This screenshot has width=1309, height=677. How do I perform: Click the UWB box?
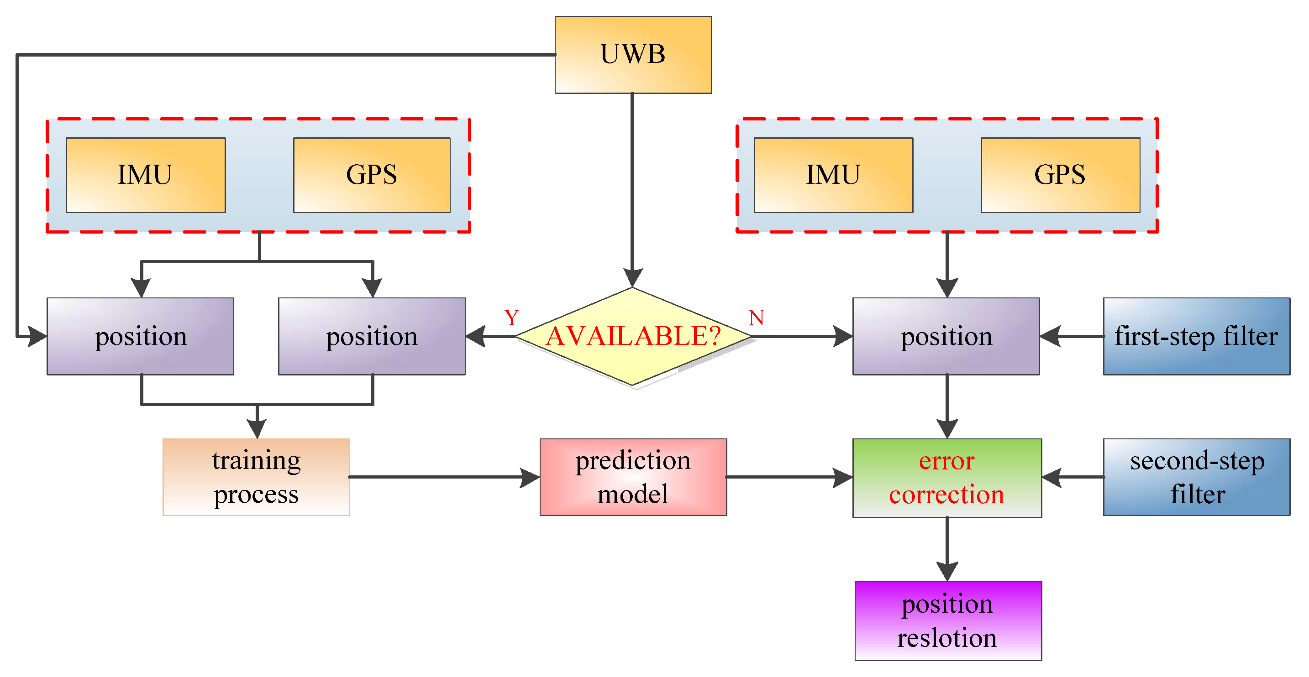pyautogui.click(x=633, y=54)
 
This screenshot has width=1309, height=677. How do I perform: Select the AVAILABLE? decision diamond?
pyautogui.click(x=633, y=336)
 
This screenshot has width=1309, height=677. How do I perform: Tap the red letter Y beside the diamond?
pyautogui.click(x=511, y=318)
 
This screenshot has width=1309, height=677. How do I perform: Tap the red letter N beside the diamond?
pyautogui.click(x=756, y=318)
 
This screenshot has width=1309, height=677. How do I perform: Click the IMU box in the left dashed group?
pyautogui.click(x=145, y=175)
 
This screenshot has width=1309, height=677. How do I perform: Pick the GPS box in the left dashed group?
pyautogui.click(x=372, y=175)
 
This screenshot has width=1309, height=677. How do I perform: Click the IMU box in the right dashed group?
pyautogui.click(x=833, y=175)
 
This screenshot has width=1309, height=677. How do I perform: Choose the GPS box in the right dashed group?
pyautogui.click(x=1060, y=175)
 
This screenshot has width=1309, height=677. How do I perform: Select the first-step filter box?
pyautogui.click(x=1196, y=336)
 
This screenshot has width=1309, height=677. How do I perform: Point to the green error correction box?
pyautogui.click(x=946, y=477)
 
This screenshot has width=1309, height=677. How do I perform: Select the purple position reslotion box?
pyautogui.click(x=948, y=620)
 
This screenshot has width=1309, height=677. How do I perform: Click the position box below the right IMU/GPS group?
pyautogui.click(x=946, y=336)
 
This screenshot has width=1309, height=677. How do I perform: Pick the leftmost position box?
pyautogui.click(x=140, y=336)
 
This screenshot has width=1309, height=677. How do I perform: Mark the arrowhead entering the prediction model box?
pyautogui.click(x=530, y=477)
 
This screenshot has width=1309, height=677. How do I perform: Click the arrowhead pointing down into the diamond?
pyautogui.click(x=632, y=277)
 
